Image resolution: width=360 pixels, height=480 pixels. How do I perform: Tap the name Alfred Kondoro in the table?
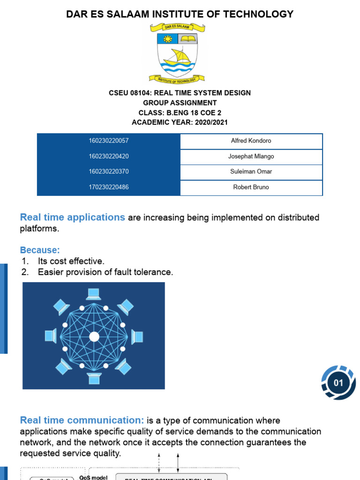click(x=251, y=141)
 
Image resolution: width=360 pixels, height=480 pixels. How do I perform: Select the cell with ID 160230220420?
click(x=109, y=156)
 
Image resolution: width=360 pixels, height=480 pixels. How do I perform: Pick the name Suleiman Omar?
click(x=251, y=172)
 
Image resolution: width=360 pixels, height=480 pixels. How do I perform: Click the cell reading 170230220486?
click(x=109, y=187)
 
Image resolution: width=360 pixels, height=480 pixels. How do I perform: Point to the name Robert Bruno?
click(x=251, y=187)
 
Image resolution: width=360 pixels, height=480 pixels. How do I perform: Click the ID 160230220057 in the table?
click(x=109, y=141)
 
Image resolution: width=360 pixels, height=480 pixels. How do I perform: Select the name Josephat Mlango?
click(x=251, y=156)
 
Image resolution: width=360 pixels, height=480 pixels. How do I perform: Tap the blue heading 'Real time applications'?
click(x=73, y=217)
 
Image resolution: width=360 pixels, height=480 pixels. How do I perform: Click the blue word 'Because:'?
click(x=40, y=250)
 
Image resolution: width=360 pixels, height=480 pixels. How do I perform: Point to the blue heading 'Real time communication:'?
click(x=82, y=420)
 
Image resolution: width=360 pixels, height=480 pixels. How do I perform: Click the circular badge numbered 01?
click(x=338, y=383)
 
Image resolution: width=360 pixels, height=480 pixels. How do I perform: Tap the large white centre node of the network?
click(x=94, y=337)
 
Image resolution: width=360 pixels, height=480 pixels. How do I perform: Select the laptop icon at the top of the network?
click(x=94, y=294)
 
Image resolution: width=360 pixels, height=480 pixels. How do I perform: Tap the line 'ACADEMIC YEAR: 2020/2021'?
click(x=180, y=122)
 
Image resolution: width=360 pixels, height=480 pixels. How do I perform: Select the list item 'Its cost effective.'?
click(x=71, y=261)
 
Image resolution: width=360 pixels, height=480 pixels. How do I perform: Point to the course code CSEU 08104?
click(x=127, y=93)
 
